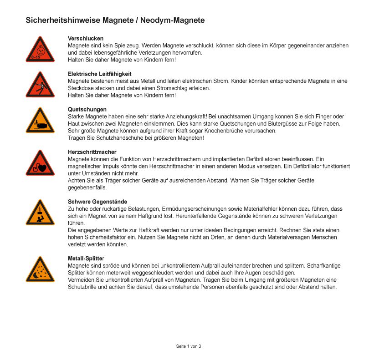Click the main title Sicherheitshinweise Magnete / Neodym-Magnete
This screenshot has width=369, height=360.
(115, 20)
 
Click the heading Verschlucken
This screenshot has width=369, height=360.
(86, 39)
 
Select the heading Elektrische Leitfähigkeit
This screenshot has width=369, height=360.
(99, 74)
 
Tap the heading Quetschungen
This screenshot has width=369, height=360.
(87, 110)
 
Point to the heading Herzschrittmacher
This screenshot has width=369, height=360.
(92, 152)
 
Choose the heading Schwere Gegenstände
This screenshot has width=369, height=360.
(97, 202)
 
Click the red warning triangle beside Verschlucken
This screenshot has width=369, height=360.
(40, 50)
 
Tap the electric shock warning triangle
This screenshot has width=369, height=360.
(40, 86)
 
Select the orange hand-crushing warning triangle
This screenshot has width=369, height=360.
(40, 122)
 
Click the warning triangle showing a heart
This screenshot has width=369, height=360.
(40, 164)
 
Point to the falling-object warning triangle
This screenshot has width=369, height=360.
(40, 213)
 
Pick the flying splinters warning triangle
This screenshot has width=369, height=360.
(40, 270)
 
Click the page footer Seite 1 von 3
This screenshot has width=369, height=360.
(189, 346)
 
